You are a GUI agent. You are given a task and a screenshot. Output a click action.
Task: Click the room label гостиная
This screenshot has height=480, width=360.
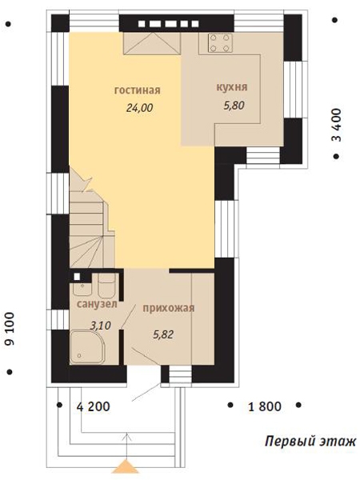137,90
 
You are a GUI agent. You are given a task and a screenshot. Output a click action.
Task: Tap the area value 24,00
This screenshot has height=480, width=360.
139,108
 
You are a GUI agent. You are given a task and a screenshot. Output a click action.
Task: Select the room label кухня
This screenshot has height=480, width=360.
232,87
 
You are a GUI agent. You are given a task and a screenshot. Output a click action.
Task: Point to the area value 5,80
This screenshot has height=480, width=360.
234,106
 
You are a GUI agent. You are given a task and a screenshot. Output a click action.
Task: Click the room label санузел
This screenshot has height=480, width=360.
97,304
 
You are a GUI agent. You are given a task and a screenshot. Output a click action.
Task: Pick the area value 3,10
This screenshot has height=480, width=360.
101,326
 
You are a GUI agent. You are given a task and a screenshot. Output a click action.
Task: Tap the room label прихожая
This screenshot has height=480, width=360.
169,308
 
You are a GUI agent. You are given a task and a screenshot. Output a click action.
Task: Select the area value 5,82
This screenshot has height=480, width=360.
163,334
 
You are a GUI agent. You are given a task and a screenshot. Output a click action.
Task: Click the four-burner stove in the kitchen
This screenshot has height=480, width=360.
219,43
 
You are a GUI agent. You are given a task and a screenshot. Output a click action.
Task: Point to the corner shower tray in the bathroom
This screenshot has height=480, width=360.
87,347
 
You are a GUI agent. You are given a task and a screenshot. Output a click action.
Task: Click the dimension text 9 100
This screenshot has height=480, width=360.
10,329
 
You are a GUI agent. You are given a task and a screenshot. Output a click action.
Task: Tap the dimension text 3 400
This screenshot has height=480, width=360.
336,125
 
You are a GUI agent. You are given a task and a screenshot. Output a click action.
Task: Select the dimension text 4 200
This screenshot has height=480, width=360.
94,406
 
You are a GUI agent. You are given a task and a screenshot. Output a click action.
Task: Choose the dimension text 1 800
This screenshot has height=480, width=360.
265,406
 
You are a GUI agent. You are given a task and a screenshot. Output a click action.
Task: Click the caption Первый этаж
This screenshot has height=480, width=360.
310,442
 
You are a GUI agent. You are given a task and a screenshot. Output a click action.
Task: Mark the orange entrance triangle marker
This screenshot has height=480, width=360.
126,466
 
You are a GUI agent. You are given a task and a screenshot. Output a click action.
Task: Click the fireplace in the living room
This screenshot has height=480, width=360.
152,44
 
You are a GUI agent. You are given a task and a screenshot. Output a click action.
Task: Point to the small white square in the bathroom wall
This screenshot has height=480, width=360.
77,277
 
